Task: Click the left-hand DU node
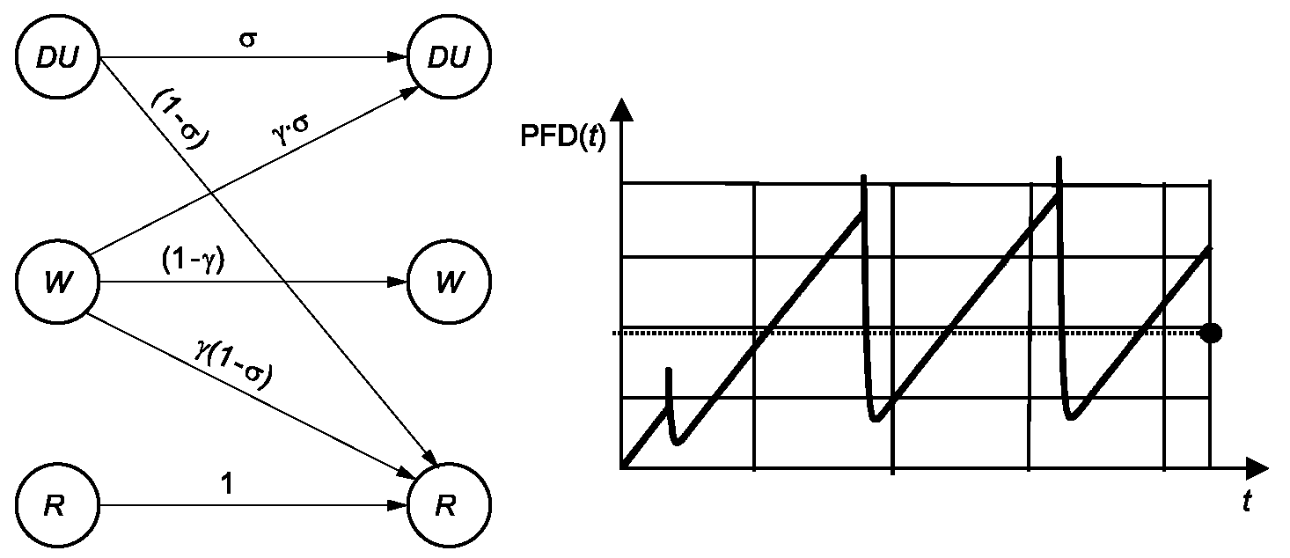[x=57, y=57]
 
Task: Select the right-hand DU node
[x=449, y=57]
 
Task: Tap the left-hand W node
[x=57, y=282]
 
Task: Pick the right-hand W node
[x=449, y=282]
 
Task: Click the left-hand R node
[x=57, y=505]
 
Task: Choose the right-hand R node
[x=449, y=505]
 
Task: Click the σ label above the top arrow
[x=247, y=40]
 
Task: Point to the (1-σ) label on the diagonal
[x=180, y=119]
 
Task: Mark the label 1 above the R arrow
[x=228, y=484]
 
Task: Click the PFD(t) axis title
[x=562, y=137]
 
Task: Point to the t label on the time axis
[x=1247, y=501]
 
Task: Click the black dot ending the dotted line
[x=1212, y=333]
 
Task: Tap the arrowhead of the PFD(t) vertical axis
[x=621, y=110]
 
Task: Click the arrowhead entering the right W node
[x=397, y=282]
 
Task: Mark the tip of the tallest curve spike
[x=1059, y=157]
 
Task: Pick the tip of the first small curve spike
[x=669, y=369]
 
